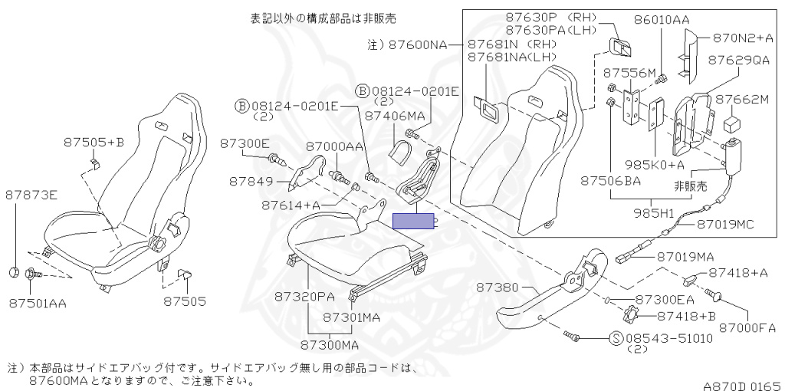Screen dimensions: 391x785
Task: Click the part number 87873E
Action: pyautogui.click(x=31, y=195)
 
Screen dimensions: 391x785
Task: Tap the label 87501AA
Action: pyautogui.click(x=38, y=303)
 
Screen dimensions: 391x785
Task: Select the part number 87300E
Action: pyautogui.click(x=245, y=143)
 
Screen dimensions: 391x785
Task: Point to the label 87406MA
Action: pyautogui.click(x=395, y=116)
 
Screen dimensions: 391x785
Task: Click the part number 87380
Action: pyautogui.click(x=498, y=287)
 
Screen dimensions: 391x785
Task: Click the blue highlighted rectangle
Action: pyautogui.click(x=412, y=222)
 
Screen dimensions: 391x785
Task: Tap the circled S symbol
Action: pyautogui.click(x=615, y=337)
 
